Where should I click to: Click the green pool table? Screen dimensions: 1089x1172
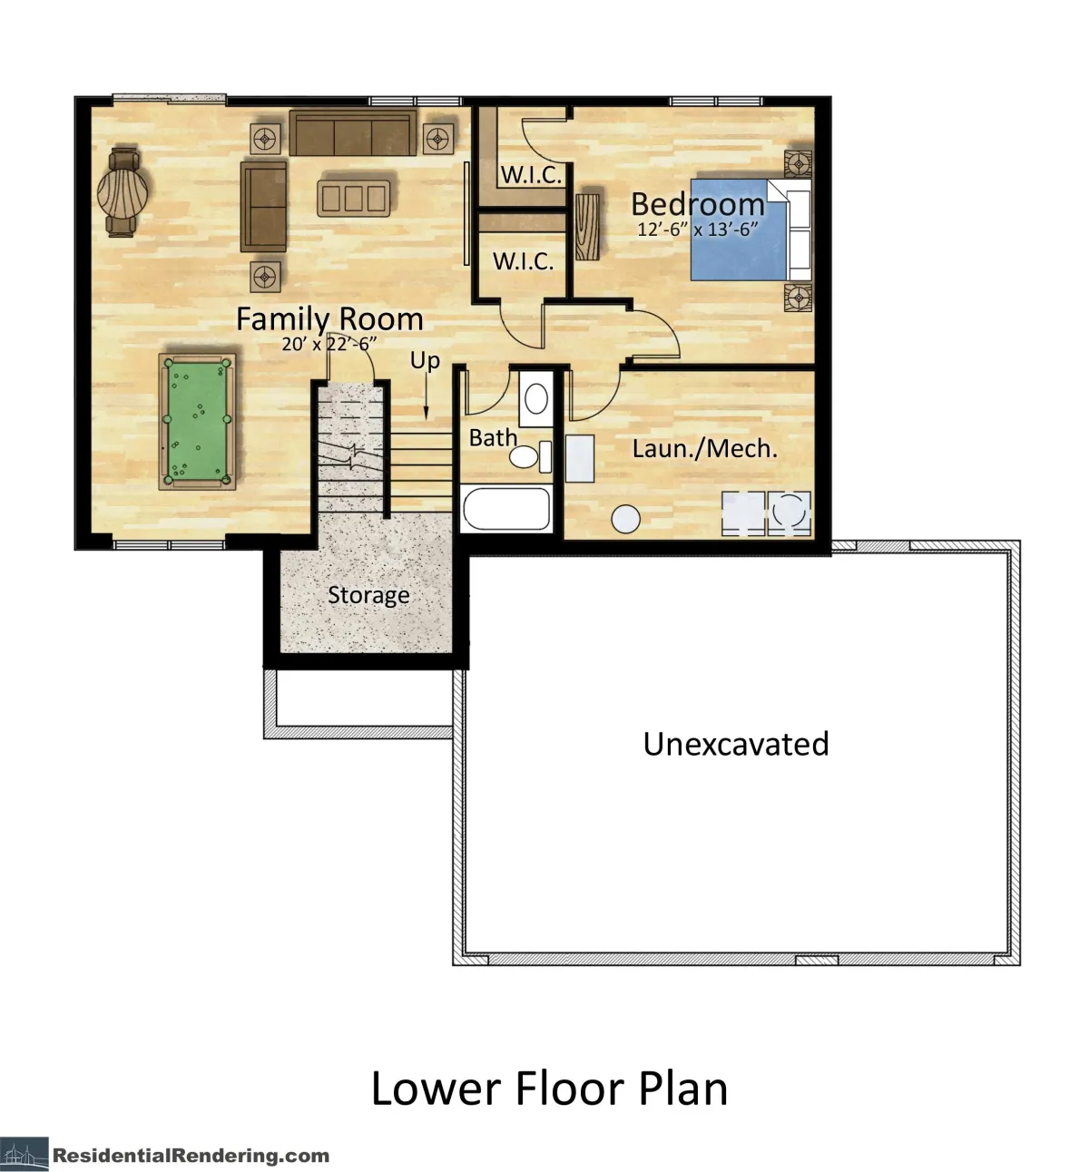pos(197,421)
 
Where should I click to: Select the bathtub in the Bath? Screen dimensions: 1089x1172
pos(506,509)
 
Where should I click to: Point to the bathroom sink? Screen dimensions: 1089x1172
pos(536,398)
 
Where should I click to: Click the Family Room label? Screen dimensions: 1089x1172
pos(330,319)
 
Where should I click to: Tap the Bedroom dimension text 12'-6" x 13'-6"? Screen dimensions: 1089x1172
pos(698,230)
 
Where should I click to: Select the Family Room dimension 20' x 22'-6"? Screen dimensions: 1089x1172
pos(329,344)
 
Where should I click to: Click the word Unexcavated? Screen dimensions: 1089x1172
pos(736,744)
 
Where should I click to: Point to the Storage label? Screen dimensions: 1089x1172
pos(368,595)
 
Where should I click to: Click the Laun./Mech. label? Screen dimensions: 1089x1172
pos(705,449)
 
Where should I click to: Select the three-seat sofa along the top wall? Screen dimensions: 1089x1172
pos(353,132)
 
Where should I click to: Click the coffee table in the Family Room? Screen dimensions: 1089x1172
pos(354,199)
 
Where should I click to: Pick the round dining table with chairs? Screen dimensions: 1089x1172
pos(123,192)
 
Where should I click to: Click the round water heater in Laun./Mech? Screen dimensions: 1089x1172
pos(626,519)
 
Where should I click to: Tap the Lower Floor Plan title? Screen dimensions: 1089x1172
pos(549,1089)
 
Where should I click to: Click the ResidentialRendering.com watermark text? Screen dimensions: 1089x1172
pos(191,1155)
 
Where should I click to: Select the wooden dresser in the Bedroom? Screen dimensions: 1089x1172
pos(587,227)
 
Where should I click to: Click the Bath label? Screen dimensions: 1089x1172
pos(493,438)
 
